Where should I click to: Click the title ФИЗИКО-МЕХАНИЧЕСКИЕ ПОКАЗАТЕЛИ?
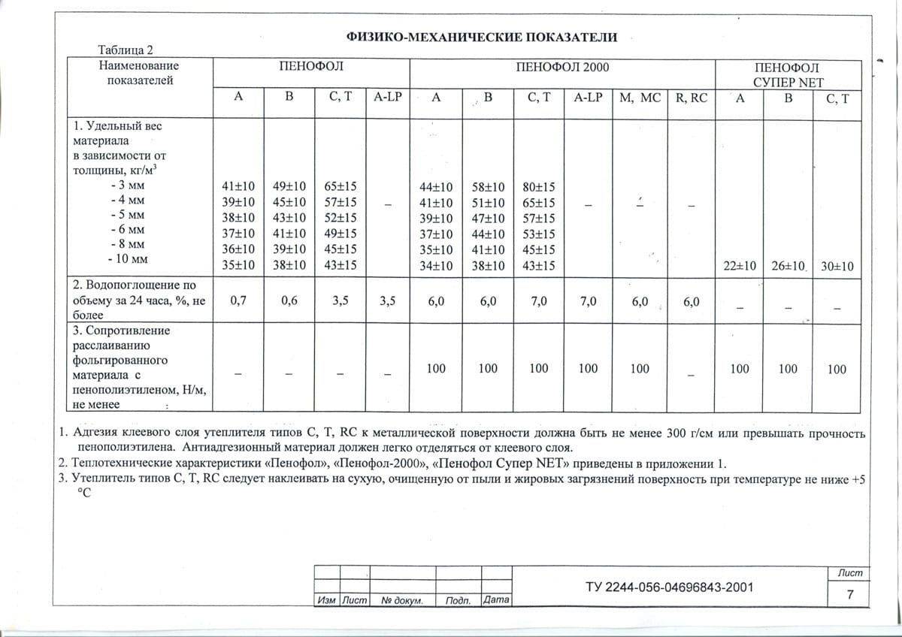pyautogui.click(x=482, y=37)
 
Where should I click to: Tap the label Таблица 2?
pyautogui.click(x=126, y=50)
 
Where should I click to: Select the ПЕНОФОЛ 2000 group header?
pyautogui.click(x=562, y=67)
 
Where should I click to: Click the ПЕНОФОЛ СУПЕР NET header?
pyautogui.click(x=788, y=74)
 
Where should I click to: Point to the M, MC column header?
pyautogui.click(x=639, y=98)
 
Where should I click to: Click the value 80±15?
pyautogui.click(x=539, y=186)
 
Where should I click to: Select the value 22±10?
pyautogui.click(x=740, y=266)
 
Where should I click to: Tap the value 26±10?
pyautogui.click(x=788, y=266)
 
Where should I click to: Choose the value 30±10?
pyautogui.click(x=837, y=266)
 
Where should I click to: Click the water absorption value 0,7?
pyautogui.click(x=238, y=300)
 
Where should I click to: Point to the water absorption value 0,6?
pyautogui.click(x=289, y=300)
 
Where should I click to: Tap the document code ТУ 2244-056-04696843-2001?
pyautogui.click(x=669, y=587)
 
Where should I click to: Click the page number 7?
pyautogui.click(x=849, y=595)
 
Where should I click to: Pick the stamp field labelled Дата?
pyautogui.click(x=496, y=601)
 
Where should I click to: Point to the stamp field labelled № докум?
pyautogui.click(x=402, y=601)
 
